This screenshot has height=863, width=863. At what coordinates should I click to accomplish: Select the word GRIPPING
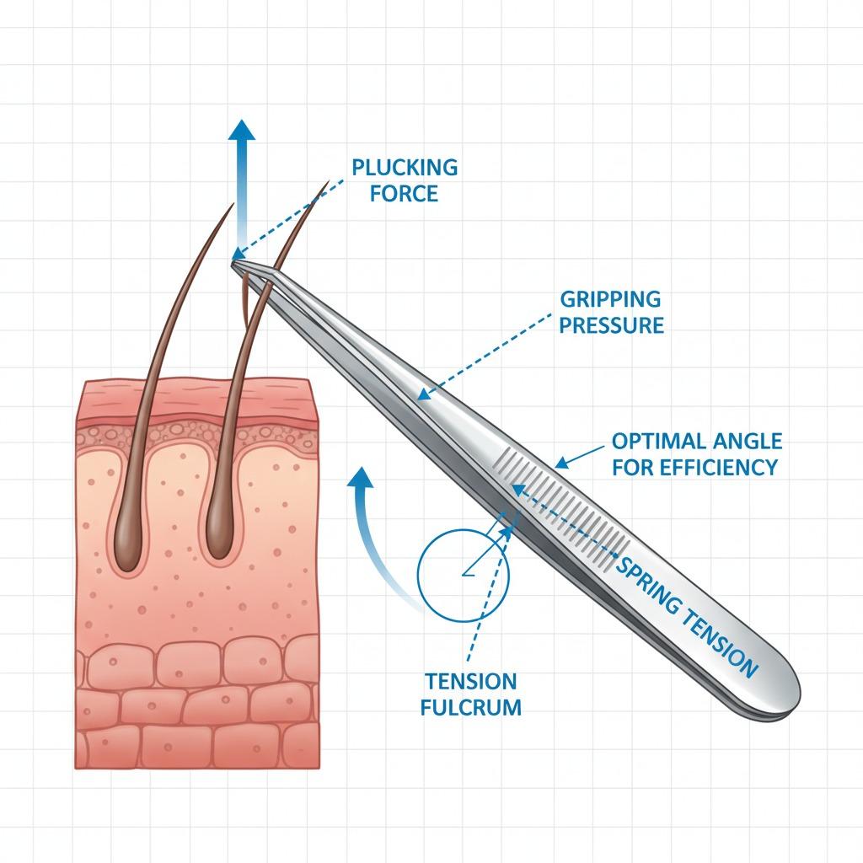609,299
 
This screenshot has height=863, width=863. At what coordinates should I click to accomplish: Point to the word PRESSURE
611,325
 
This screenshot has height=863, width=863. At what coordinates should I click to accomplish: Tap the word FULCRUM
471,707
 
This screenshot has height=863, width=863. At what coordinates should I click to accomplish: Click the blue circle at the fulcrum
463,573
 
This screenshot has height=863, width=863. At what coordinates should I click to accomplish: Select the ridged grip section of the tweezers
556,506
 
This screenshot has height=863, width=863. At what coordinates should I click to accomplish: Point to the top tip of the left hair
232,203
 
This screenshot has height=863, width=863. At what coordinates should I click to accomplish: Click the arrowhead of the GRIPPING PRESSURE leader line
424,394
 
